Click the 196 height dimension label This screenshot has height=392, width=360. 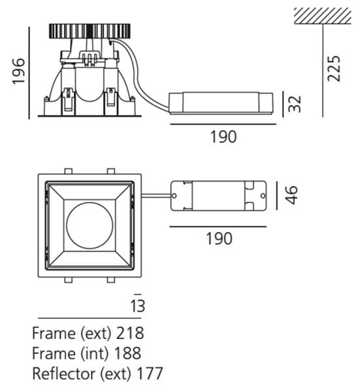(17, 72)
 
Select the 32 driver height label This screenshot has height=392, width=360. (297, 103)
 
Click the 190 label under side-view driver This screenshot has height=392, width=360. (223, 137)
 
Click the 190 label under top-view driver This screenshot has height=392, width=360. (218, 238)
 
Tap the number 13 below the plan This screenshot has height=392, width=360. (137, 305)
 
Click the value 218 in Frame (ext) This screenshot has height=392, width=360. (129, 333)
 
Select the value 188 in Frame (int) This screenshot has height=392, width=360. (127, 353)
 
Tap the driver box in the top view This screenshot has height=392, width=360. (219, 195)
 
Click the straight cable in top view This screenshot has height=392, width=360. (155, 195)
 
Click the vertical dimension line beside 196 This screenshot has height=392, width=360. (30, 72)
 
